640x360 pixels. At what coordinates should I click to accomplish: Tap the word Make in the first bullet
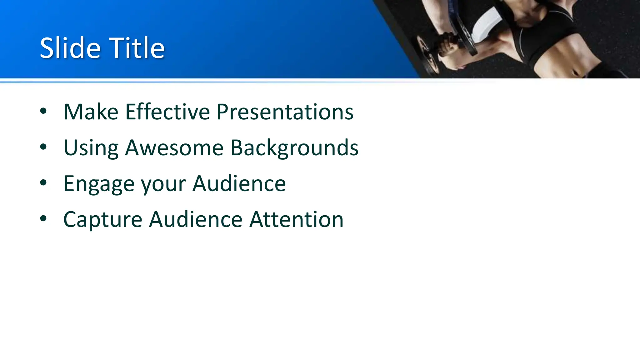91,112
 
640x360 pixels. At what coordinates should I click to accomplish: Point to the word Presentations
285,112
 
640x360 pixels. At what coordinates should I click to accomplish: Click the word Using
91,147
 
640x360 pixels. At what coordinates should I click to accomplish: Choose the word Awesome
174,147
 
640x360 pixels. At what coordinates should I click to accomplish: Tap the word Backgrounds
294,147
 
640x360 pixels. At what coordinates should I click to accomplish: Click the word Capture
102,220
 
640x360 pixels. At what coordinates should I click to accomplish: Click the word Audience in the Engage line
239,183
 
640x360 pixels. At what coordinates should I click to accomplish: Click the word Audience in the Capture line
196,219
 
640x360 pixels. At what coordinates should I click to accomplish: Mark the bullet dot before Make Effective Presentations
43,111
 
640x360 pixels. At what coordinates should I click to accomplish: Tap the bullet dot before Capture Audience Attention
43,219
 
